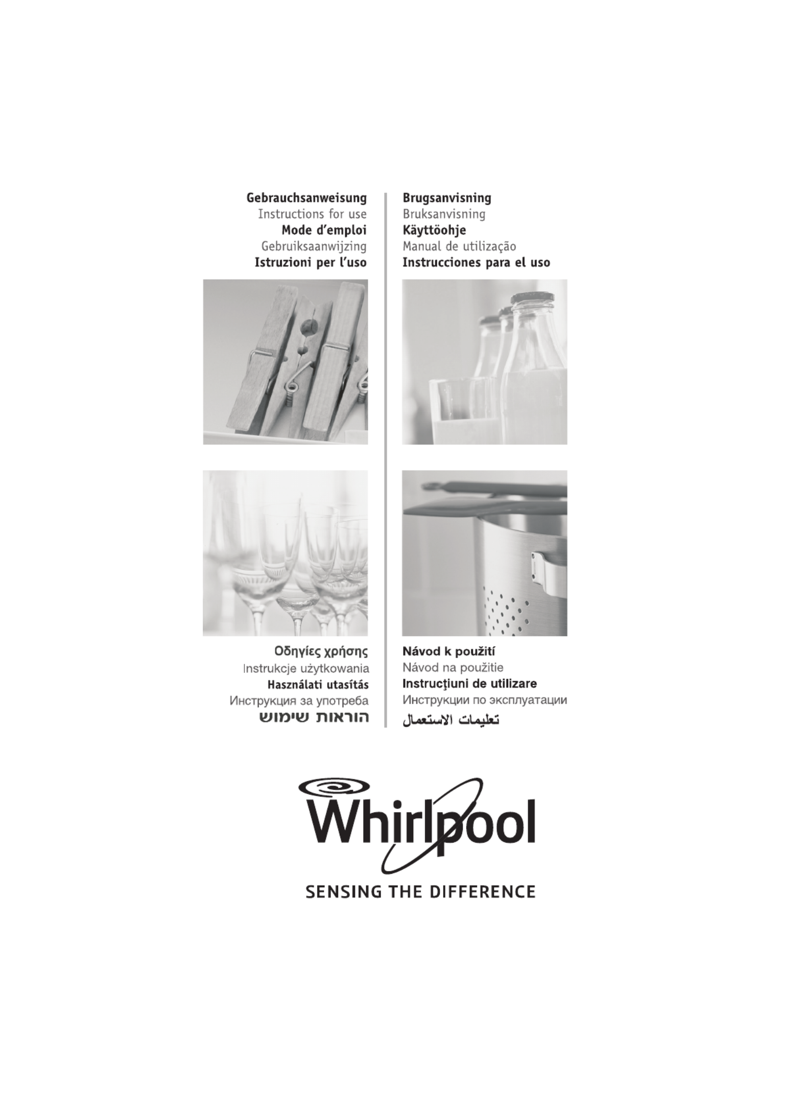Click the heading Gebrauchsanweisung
[306, 198]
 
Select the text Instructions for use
[312, 214]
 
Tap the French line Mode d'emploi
[324, 230]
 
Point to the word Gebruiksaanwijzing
[314, 246]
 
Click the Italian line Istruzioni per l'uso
[311, 263]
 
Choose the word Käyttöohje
[434, 230]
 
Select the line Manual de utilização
[459, 246]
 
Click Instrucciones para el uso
[476, 263]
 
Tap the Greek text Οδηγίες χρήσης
[321, 652]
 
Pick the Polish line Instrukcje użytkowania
[306, 668]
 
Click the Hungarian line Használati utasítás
[318, 684]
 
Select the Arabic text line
[451, 719]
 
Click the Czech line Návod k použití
[449, 652]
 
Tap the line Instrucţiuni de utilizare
[469, 684]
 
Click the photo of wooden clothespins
[286, 362]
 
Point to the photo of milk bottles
[484, 362]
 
